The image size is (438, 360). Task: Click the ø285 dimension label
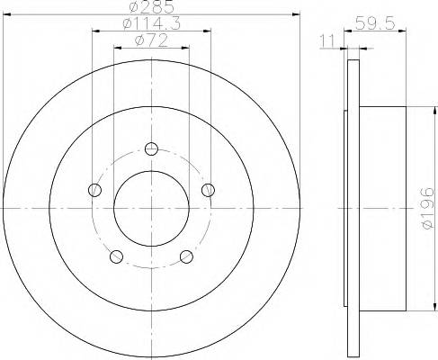click(151, 8)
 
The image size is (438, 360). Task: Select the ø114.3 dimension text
click(151, 24)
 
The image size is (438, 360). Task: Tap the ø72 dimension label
click(151, 40)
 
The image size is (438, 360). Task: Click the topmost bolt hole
click(151, 149)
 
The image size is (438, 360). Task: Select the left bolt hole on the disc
click(94, 189)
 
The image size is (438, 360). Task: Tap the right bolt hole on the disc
click(209, 189)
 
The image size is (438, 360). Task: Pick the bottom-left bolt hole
click(116, 256)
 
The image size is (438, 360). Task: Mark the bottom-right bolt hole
click(187, 256)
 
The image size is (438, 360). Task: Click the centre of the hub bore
click(151, 208)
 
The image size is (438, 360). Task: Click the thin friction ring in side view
click(347, 208)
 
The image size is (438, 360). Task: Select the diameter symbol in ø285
click(136, 8)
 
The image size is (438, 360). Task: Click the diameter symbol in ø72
click(139, 40)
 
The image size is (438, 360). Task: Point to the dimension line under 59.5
click(378, 32)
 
